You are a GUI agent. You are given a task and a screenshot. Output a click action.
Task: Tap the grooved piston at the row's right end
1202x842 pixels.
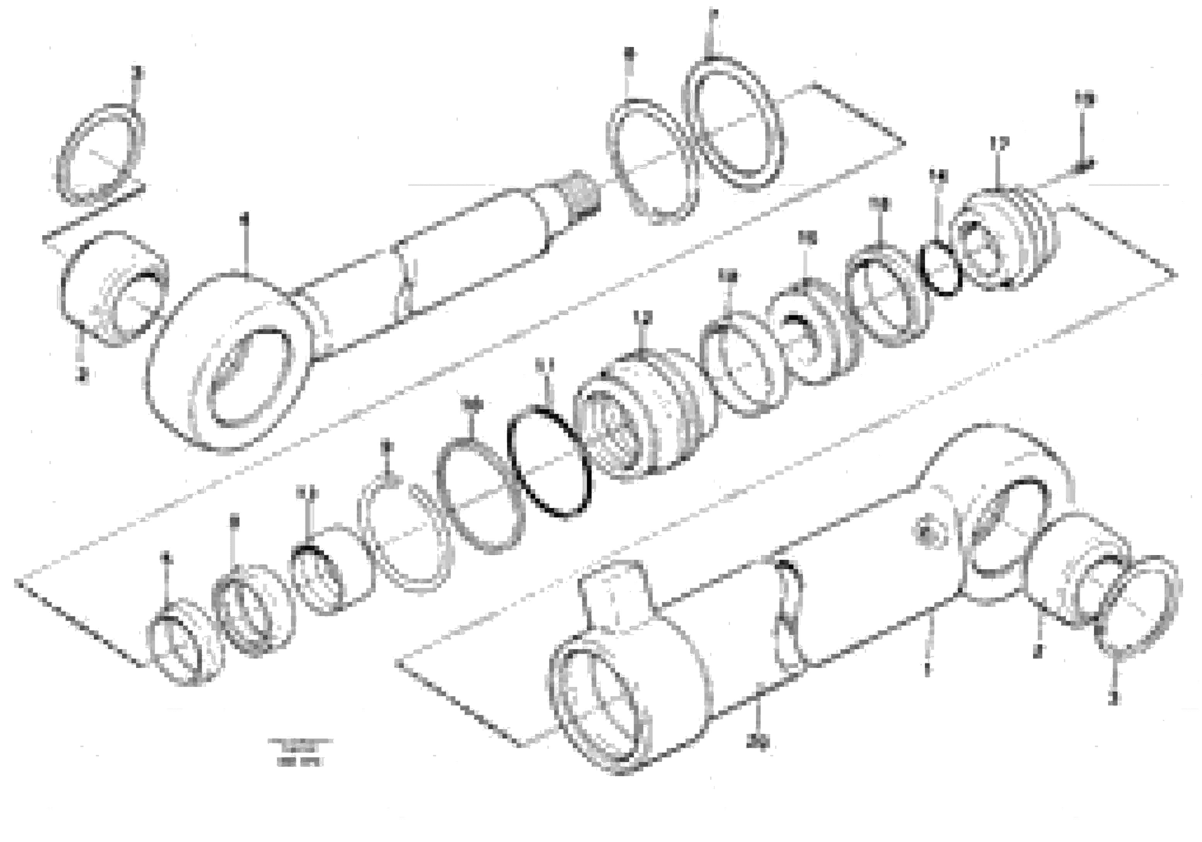click(x=1005, y=238)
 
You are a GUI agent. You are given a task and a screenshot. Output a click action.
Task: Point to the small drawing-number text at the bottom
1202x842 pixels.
click(x=300, y=751)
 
